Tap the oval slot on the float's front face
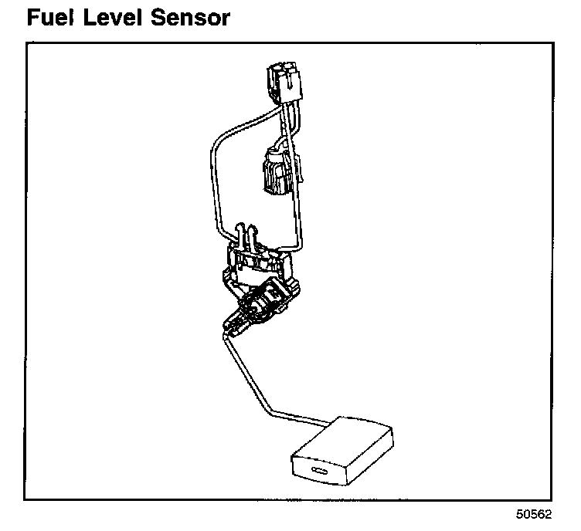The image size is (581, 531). [x=319, y=472]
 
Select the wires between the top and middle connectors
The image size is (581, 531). [x=287, y=123]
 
